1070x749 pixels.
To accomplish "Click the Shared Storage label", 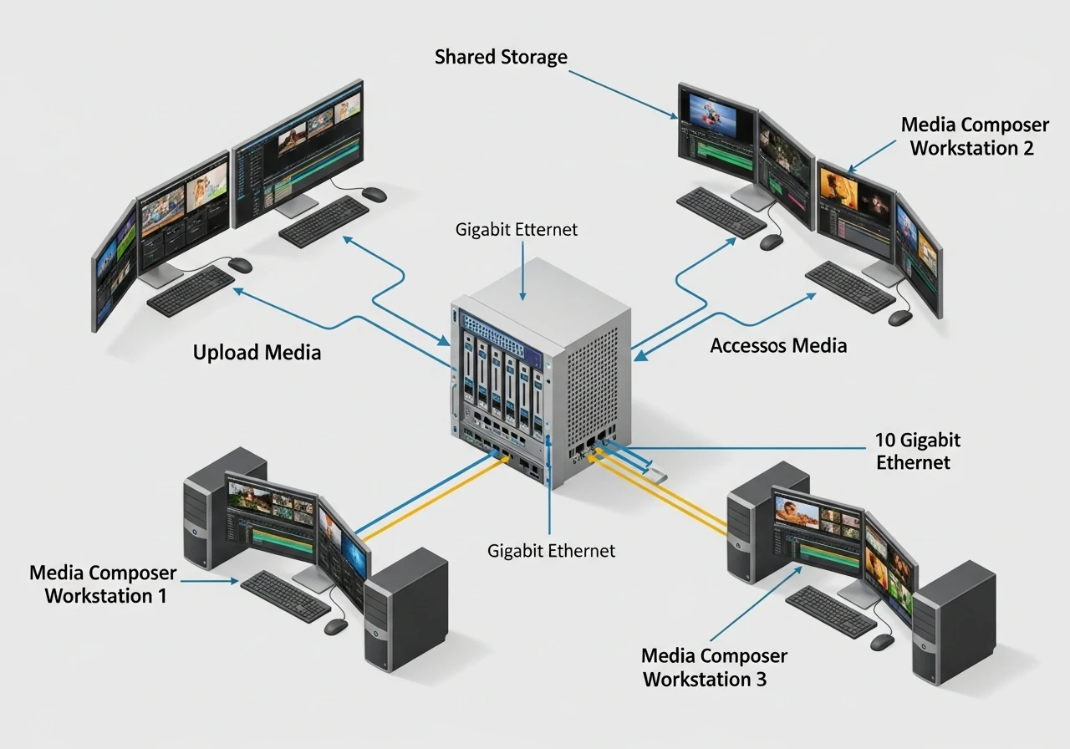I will tap(501, 58).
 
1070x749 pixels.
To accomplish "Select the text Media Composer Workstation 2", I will tap(974, 136).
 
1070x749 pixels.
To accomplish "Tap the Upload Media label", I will tap(257, 353).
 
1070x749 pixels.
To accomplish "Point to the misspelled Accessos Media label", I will tap(778, 345).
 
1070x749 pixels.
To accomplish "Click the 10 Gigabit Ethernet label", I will tap(917, 451).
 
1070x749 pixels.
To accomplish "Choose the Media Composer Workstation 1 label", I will tap(104, 584).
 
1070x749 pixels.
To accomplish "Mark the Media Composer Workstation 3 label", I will tap(714, 667).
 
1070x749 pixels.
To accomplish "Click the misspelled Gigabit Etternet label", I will tap(517, 229).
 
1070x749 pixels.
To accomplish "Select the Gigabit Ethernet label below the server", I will tap(551, 551).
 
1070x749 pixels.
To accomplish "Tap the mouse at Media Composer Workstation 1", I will tap(335, 626).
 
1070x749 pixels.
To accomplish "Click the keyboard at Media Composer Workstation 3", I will tap(829, 611).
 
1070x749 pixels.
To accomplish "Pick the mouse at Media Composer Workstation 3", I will tap(882, 641).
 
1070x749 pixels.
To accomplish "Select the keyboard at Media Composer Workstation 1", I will tap(285, 596).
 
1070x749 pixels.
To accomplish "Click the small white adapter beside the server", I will tap(655, 473).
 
